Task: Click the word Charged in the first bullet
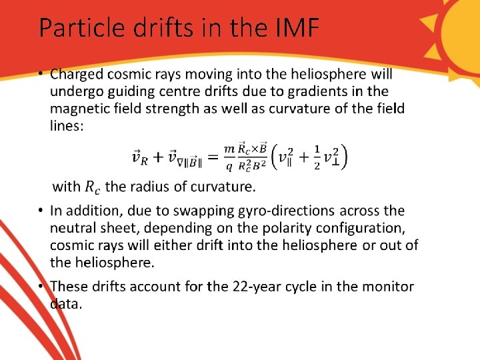[79, 73]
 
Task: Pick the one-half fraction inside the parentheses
[317, 157]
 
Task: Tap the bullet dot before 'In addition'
[41, 211]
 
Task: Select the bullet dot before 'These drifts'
[41, 287]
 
